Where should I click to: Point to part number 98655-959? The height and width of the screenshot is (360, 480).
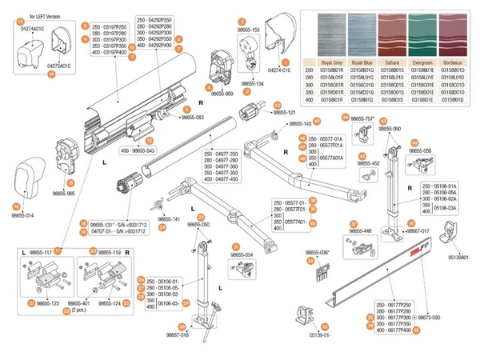point(217,93)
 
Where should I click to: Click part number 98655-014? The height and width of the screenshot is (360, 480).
point(22,215)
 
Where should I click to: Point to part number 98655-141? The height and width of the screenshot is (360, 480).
point(167,219)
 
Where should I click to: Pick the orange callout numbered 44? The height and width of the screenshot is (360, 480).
point(345,117)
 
